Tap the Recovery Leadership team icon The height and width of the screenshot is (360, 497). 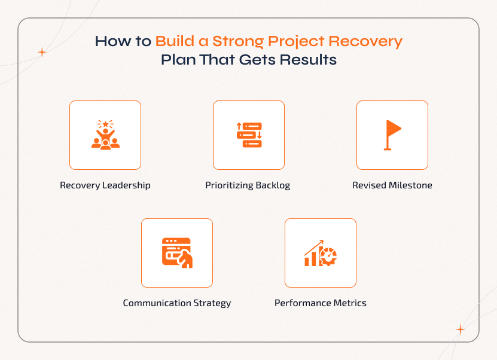(105, 135)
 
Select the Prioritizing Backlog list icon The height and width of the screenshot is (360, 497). (249, 135)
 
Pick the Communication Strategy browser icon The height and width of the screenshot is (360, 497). (177, 252)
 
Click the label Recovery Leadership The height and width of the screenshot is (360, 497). (105, 185)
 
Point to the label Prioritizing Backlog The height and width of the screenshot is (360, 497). (248, 185)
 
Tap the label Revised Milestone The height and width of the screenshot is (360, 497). (392, 185)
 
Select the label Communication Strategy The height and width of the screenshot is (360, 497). (177, 303)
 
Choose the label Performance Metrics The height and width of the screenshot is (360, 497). (321, 303)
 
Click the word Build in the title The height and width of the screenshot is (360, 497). (173, 42)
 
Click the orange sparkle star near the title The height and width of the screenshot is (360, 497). (42, 53)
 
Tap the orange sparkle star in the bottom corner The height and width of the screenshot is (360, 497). (460, 329)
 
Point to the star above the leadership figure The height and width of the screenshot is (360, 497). (105, 124)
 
